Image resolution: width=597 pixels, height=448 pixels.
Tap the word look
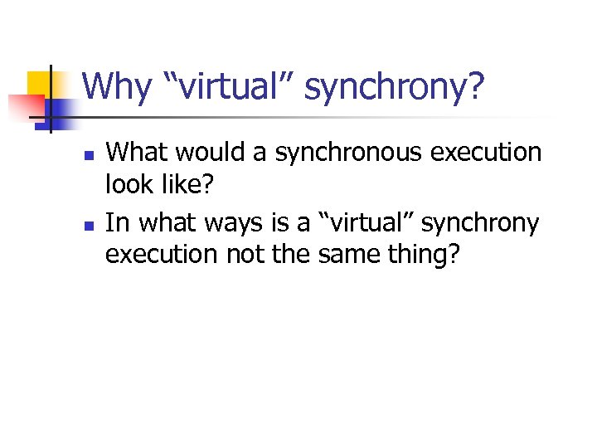point(129,185)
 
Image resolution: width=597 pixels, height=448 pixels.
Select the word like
point(187,185)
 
